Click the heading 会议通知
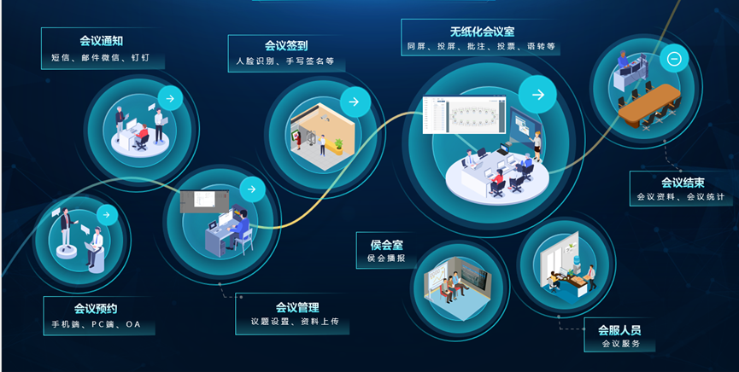[x=102, y=41]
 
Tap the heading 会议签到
[x=286, y=45]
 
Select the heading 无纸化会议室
[x=482, y=32]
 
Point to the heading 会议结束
[x=683, y=183]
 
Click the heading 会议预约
[x=96, y=309]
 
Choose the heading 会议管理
[x=297, y=307]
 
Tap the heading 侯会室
[x=386, y=245]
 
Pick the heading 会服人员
[x=619, y=329]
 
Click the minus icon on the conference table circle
[x=674, y=58]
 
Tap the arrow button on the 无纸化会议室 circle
[x=537, y=95]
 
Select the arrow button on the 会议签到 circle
[x=355, y=102]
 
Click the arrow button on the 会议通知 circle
[x=170, y=98]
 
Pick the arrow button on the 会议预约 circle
[x=107, y=215]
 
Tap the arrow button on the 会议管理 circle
[x=252, y=189]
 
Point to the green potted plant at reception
[x=338, y=146]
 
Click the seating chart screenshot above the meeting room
[x=464, y=115]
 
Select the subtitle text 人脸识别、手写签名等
[x=285, y=61]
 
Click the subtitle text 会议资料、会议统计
[x=681, y=197]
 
